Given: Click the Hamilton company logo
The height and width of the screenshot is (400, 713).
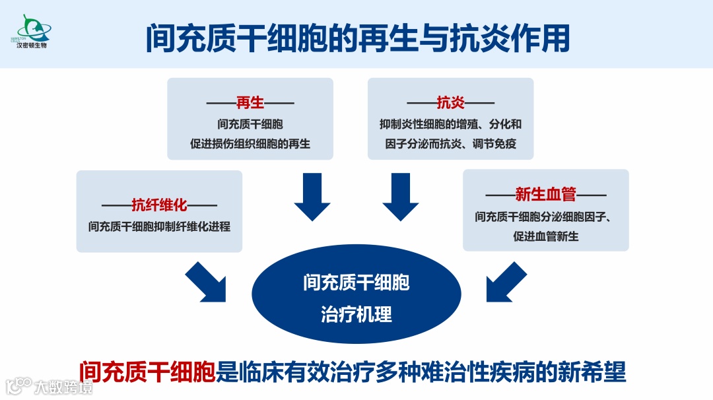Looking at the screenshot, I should [34, 32].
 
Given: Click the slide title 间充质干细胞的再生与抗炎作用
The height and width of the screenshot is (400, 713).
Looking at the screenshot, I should [357, 39].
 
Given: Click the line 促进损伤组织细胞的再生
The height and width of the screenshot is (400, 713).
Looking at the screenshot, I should [250, 143].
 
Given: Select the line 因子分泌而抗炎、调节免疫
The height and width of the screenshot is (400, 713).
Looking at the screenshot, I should [450, 143].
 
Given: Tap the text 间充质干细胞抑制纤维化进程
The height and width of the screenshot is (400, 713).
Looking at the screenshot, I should [159, 226].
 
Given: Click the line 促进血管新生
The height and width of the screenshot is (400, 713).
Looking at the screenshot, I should [545, 236].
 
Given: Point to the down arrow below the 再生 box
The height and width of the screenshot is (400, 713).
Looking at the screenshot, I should [312, 197].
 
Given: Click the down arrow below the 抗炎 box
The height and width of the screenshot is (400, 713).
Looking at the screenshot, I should [401, 197].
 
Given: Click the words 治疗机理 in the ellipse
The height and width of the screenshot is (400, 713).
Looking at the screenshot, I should [356, 314].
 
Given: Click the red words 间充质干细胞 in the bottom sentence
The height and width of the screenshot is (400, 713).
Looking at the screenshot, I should [147, 372].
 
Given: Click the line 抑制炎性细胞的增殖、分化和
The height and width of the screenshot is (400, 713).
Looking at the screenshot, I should [450, 124].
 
